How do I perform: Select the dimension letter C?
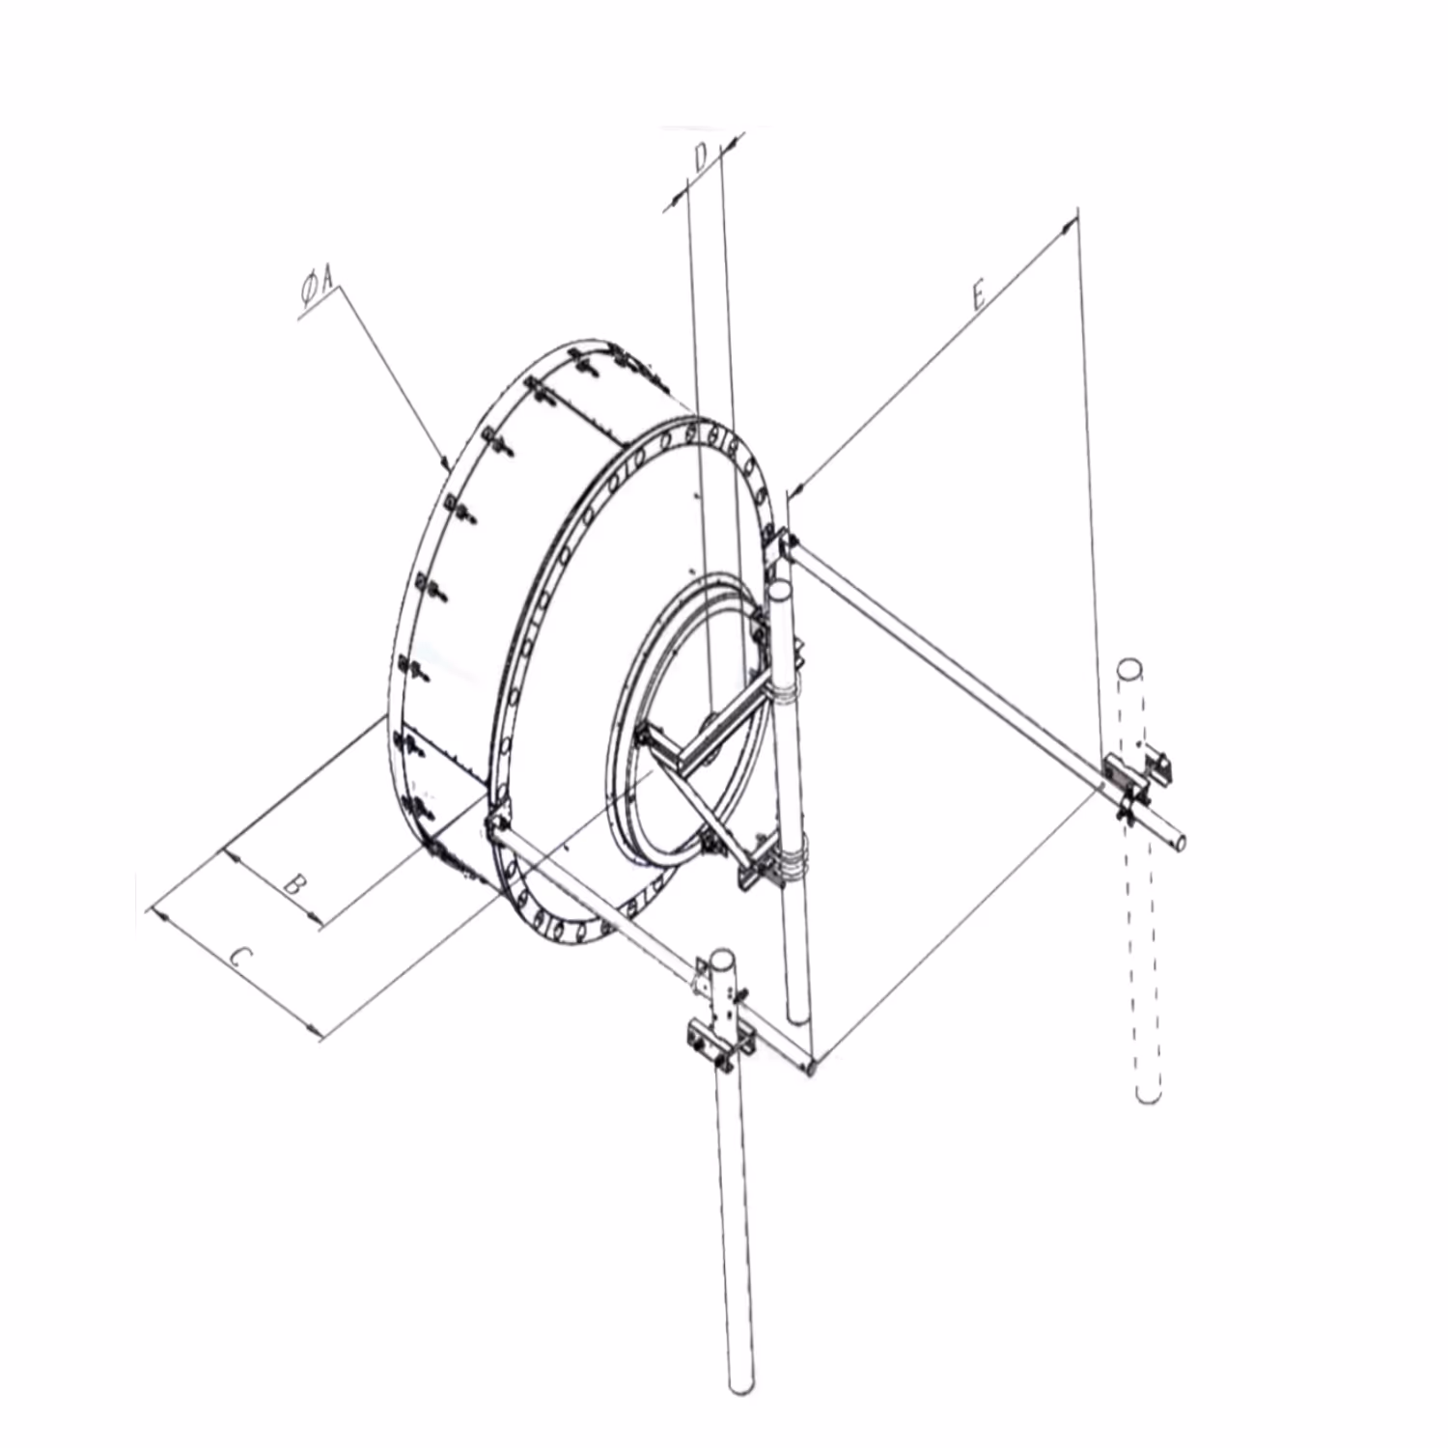[x=241, y=958]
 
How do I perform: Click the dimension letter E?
[x=978, y=294]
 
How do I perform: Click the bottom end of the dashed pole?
[x=1148, y=1096]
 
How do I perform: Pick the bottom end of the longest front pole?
[x=741, y=1386]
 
